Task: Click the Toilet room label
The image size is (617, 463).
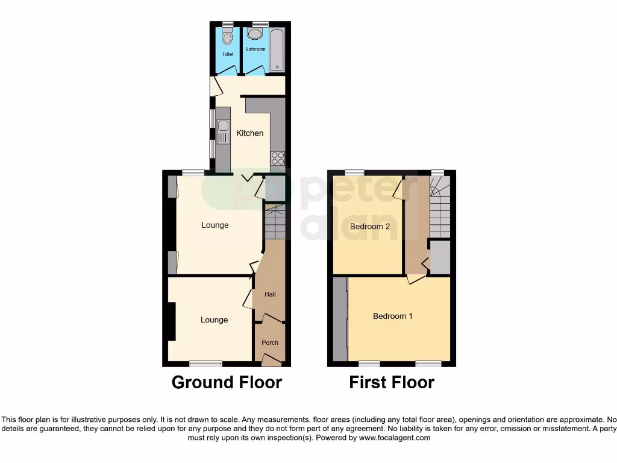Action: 227,54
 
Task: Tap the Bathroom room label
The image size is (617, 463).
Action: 255,49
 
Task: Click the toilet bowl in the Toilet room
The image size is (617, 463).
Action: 227,37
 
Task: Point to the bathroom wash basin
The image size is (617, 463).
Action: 254,34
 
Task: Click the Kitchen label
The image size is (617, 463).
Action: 249,133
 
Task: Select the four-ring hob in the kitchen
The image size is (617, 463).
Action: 278,158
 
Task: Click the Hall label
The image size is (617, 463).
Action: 270,294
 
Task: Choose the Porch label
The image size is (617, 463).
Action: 270,342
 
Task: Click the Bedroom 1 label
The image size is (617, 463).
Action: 392,316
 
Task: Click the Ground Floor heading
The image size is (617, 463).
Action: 227,382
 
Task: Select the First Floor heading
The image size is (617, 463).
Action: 392,382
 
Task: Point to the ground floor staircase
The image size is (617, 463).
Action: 275,222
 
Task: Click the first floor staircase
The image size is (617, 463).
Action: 440,208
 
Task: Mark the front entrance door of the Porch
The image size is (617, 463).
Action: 271,361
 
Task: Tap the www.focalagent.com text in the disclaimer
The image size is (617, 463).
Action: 394,438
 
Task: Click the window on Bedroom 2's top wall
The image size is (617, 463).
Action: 354,172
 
